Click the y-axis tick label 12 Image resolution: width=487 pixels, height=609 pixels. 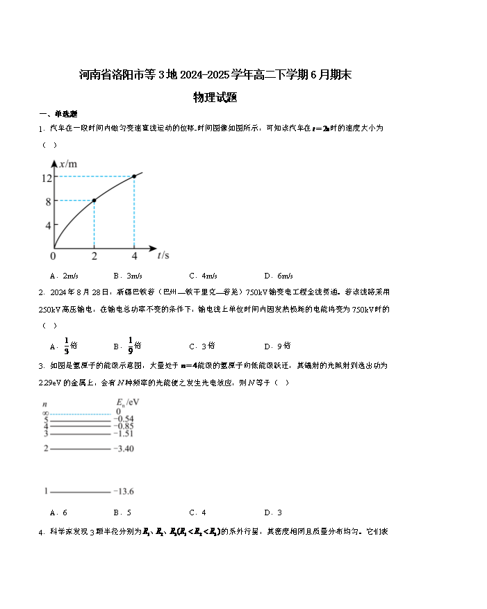pos(47,177)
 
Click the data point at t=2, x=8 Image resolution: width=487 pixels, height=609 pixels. pos(94,200)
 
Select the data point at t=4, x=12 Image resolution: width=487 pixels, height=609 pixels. pos(134,176)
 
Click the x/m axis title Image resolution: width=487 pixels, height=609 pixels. pos(68,164)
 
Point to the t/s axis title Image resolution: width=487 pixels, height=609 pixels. pos(163,255)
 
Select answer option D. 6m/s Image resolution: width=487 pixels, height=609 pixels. pos(279,276)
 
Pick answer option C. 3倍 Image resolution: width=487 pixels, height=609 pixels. pos(201,345)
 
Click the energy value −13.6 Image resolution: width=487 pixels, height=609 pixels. pos(124,492)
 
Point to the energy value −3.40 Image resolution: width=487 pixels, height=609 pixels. pos(124,449)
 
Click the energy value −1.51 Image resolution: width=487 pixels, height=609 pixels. pos(124,434)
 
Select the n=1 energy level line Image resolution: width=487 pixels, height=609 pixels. pos(80,492)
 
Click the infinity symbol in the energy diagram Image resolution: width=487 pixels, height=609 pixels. pos(45,412)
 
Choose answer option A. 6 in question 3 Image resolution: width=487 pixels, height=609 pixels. pos(58,512)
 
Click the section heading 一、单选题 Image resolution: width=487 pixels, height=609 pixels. pos(58,114)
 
